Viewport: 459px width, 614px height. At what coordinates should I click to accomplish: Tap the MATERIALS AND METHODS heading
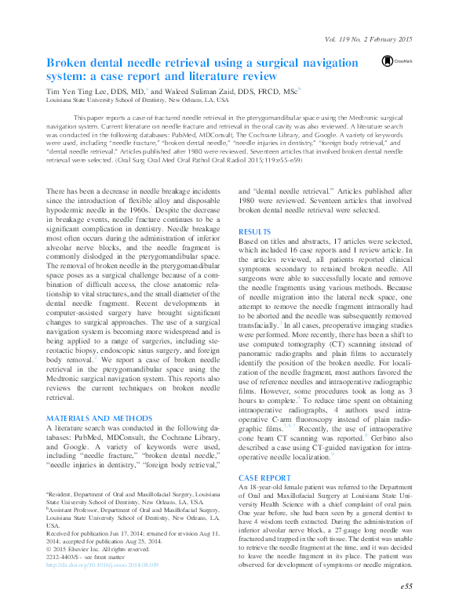tap(89, 418)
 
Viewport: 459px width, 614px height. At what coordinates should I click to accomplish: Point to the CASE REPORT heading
tap(264, 477)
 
